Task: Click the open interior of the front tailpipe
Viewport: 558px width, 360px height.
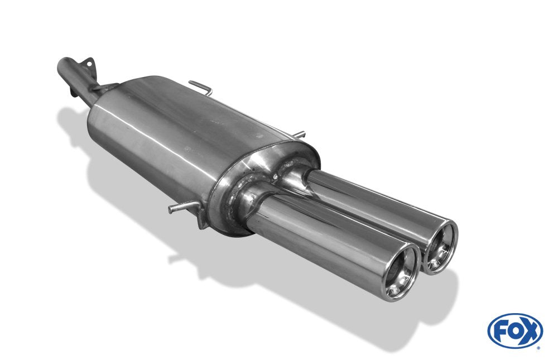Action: pyautogui.click(x=401, y=273)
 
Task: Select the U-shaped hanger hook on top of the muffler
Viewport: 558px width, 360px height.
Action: pyautogui.click(x=201, y=87)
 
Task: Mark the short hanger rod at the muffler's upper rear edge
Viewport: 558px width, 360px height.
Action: pyautogui.click(x=299, y=135)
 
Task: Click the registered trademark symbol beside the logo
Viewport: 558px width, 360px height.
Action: pyautogui.click(x=538, y=347)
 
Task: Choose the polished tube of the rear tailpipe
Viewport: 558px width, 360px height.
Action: pyautogui.click(x=368, y=201)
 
